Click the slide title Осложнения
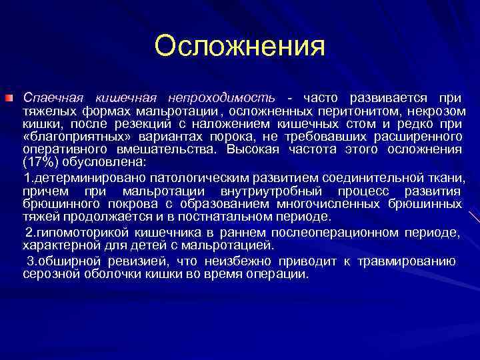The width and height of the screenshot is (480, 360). [x=239, y=47]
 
